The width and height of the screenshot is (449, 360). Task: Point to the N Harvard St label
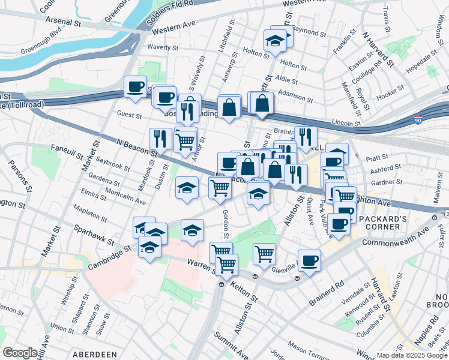point(379,47)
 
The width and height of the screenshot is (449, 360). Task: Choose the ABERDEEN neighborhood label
point(95,355)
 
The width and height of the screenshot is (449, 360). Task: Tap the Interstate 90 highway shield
point(418,121)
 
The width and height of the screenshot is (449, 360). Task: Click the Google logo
point(20,353)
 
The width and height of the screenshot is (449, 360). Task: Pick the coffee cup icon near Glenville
point(309,261)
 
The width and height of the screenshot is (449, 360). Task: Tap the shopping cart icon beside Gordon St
point(220,187)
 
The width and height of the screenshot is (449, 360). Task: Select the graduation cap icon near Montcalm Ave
point(187,188)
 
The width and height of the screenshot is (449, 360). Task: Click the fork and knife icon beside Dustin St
point(160,139)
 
